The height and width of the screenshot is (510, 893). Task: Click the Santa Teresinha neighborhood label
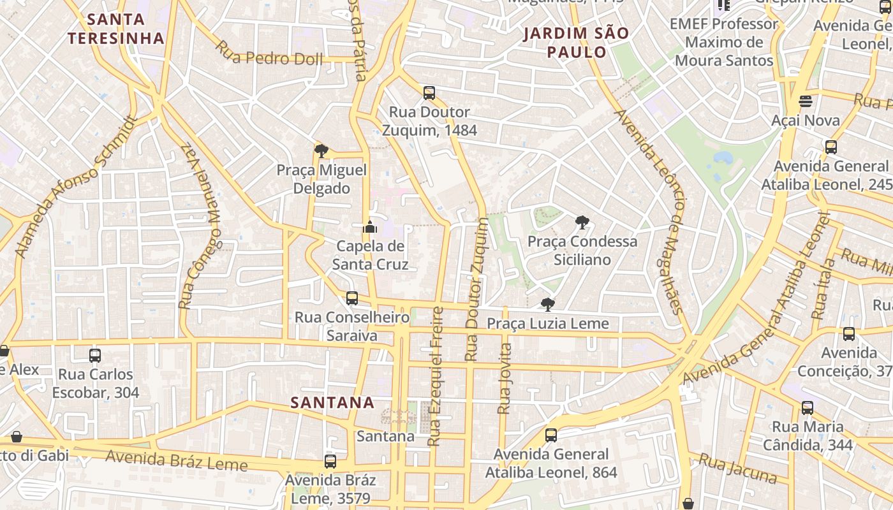tap(116, 29)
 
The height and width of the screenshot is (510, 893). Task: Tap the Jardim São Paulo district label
tap(576, 42)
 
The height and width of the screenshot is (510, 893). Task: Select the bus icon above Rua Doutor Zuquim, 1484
tap(429, 93)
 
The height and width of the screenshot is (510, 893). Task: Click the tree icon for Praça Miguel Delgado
tap(321, 151)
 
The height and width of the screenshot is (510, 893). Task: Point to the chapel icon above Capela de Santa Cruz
tap(369, 227)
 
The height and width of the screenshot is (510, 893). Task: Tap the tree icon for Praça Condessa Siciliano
tap(582, 222)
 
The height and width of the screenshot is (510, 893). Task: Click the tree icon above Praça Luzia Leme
tap(547, 305)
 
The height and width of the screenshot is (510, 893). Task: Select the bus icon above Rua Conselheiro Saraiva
tap(351, 298)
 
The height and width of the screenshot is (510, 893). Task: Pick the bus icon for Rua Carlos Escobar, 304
tap(95, 356)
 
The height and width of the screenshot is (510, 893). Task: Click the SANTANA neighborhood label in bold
tap(332, 403)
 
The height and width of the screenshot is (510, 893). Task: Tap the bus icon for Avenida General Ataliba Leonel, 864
tap(551, 435)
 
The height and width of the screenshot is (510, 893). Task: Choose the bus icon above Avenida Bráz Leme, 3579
tap(330, 462)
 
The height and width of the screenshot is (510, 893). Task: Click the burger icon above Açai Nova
tap(806, 101)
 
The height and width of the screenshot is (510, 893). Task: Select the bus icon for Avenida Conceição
tap(848, 334)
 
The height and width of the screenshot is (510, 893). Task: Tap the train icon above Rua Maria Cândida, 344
tap(808, 408)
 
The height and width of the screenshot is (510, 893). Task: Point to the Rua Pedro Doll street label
tap(269, 54)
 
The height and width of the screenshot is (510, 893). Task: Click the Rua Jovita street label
tap(505, 379)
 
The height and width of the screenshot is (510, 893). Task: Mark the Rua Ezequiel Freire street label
tap(436, 376)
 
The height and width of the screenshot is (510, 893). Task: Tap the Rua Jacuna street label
tap(737, 469)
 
